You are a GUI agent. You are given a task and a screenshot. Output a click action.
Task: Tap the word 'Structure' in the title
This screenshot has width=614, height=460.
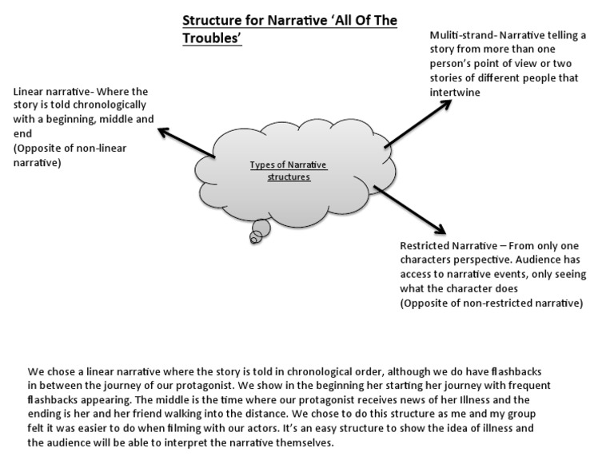tap(212, 21)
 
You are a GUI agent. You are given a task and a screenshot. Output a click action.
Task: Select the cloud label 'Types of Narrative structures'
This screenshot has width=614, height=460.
tap(289, 170)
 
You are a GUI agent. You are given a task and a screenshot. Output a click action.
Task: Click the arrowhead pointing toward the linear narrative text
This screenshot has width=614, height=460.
tap(162, 130)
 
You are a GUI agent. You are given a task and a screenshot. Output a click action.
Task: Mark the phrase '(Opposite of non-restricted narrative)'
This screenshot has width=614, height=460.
tap(492, 303)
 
